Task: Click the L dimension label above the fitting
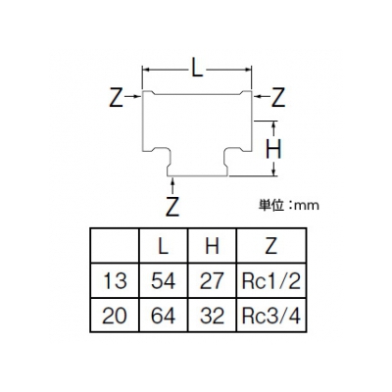pos(197,69)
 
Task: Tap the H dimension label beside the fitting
pos(273,150)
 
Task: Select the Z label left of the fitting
pos(116,97)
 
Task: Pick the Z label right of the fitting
pos(278,97)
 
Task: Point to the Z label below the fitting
pos(172,207)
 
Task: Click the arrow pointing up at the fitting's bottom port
pos(172,186)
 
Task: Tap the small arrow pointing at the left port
pos(133,96)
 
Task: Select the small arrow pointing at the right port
pos(262,96)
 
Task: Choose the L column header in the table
pos(164,246)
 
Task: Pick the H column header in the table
pos(212,246)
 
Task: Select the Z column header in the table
pos(271,246)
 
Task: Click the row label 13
pos(115,281)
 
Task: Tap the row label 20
pos(115,316)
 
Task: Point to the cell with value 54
pos(164,281)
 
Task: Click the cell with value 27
pos(212,281)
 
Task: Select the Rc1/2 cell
pos(271,281)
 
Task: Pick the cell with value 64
pos(164,316)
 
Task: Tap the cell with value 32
pos(212,316)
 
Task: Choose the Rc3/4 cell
pos(271,316)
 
